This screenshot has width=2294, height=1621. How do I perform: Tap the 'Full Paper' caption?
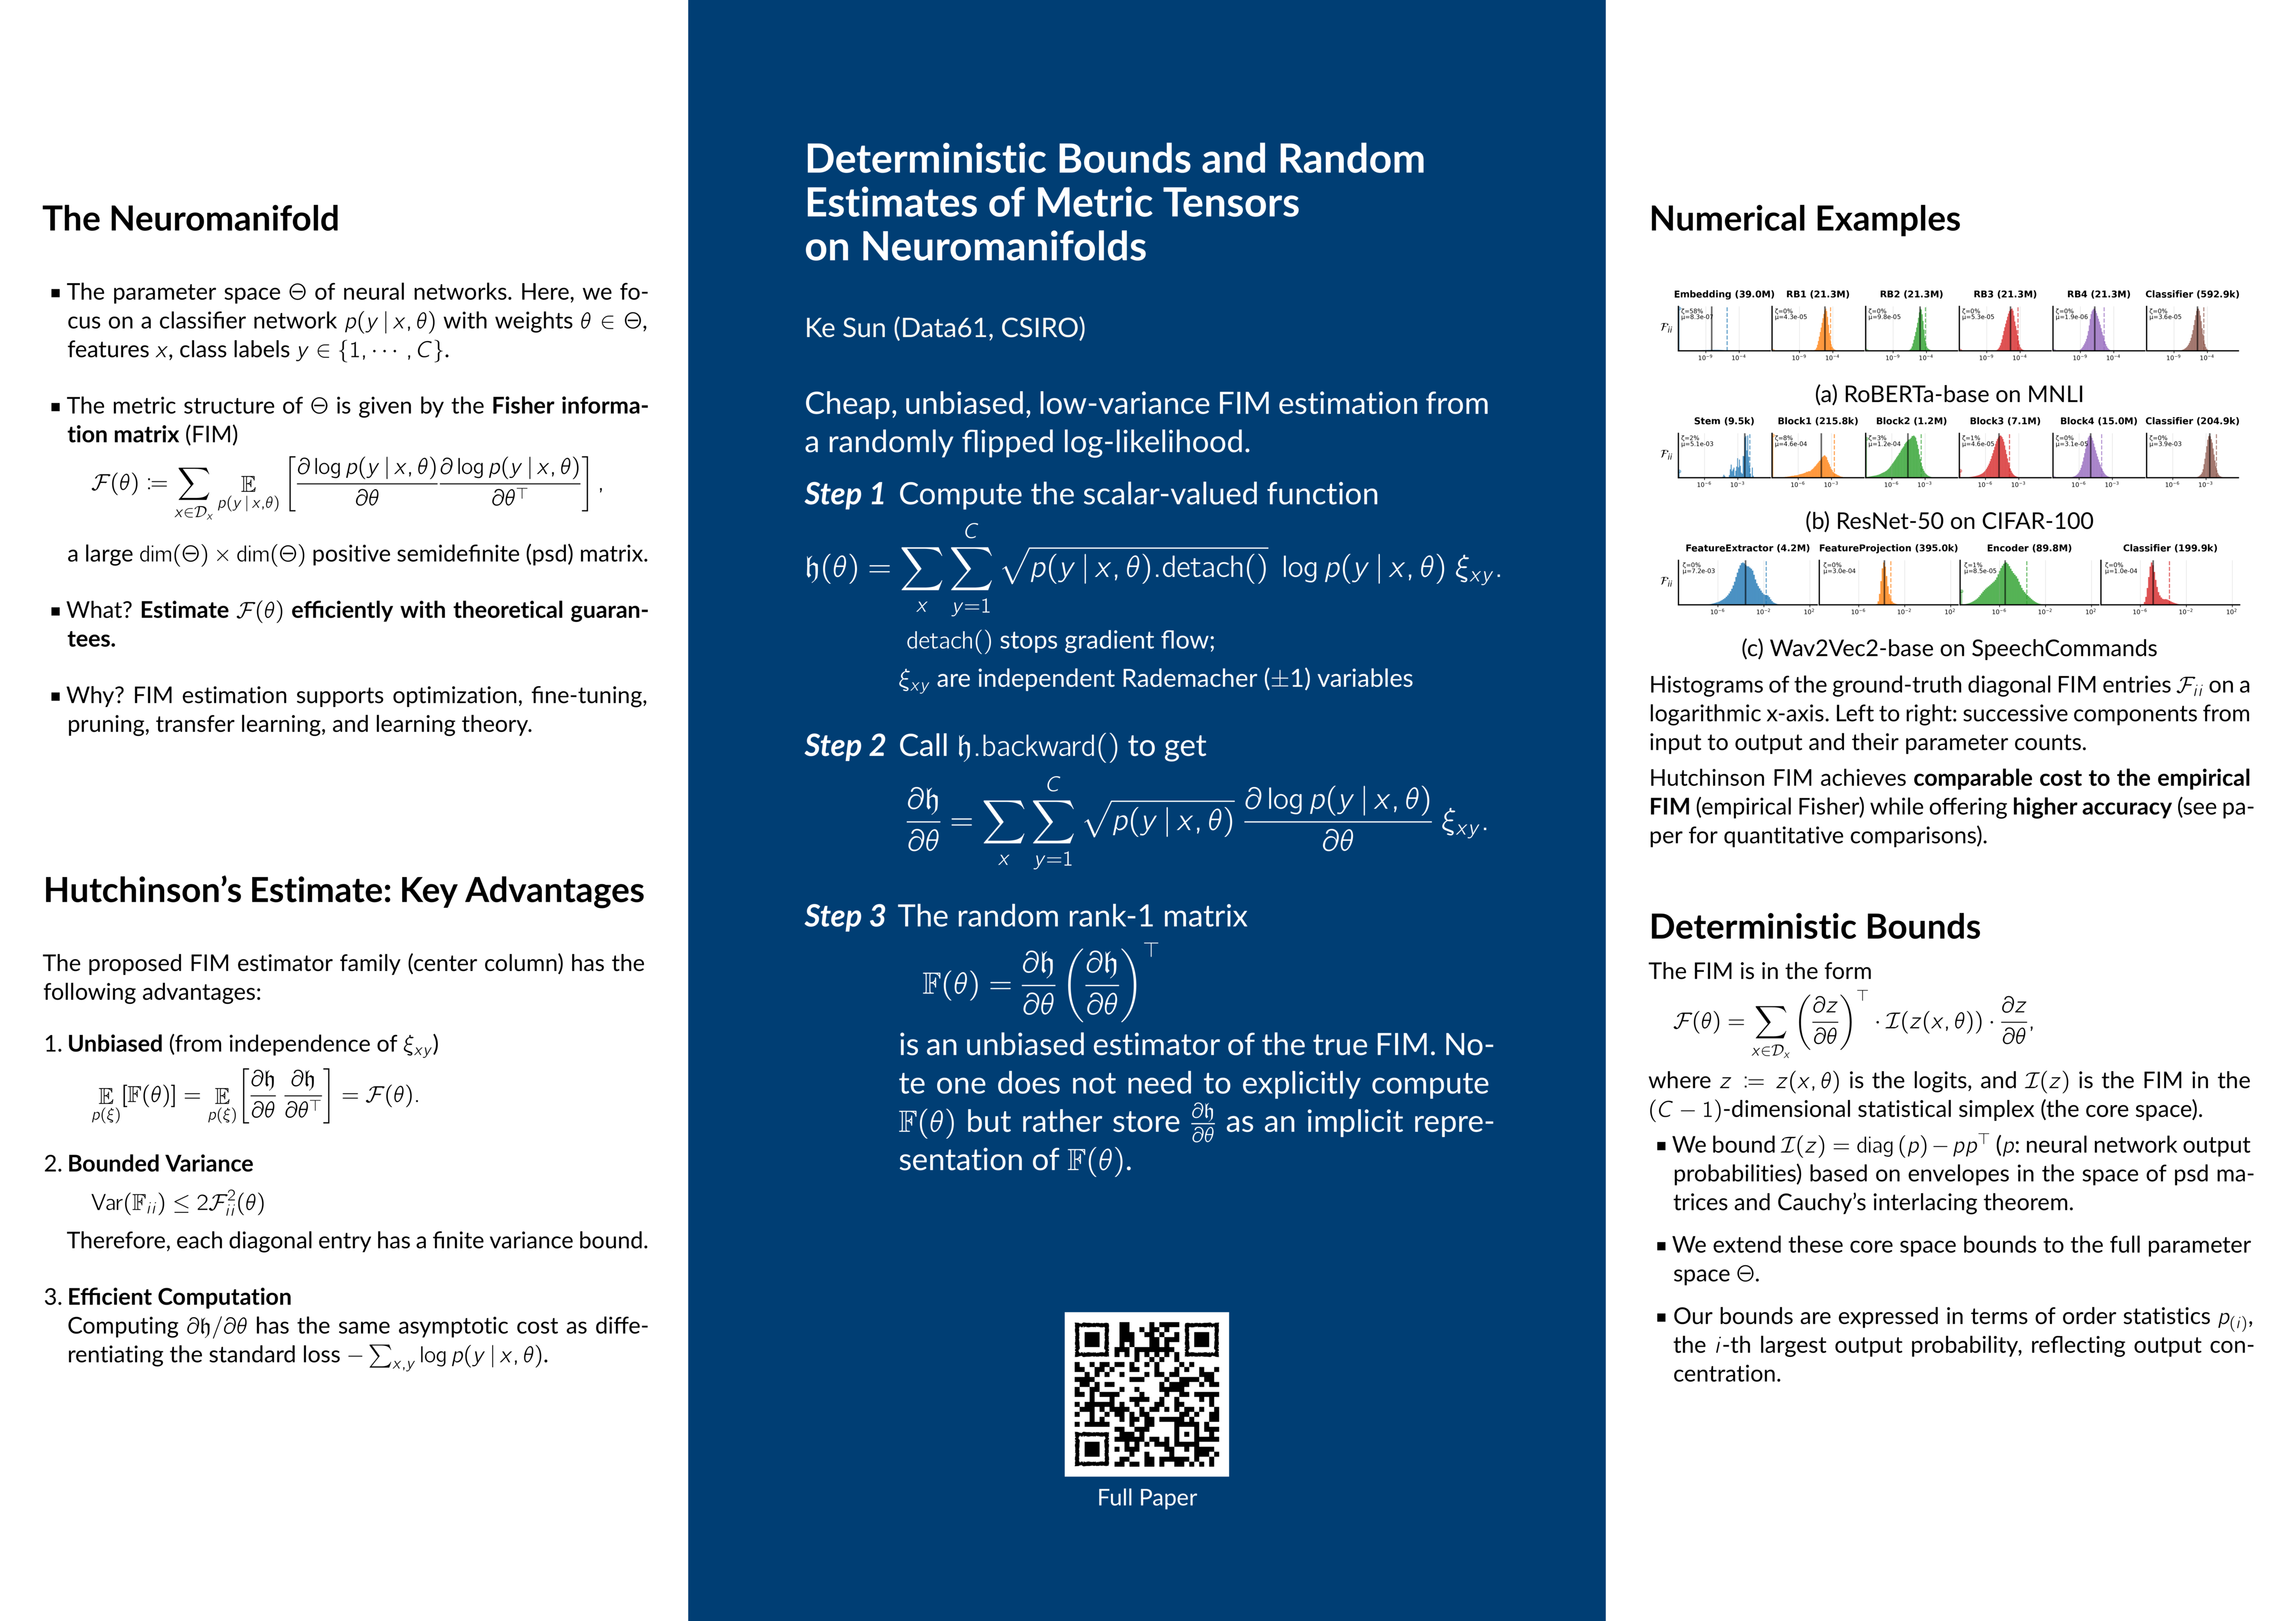click(1146, 1497)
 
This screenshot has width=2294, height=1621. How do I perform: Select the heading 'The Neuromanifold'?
click(191, 219)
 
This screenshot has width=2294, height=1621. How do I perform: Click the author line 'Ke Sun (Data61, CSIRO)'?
click(944, 328)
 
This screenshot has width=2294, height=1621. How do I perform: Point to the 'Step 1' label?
click(844, 494)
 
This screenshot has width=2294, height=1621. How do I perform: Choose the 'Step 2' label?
click(844, 746)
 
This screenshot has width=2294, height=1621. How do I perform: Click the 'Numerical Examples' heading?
click(1805, 219)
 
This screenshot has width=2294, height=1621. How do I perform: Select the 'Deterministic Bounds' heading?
click(1814, 926)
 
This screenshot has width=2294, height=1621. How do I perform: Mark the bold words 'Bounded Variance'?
click(160, 1163)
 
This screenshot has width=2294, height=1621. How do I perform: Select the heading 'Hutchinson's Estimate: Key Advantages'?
click(344, 890)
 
